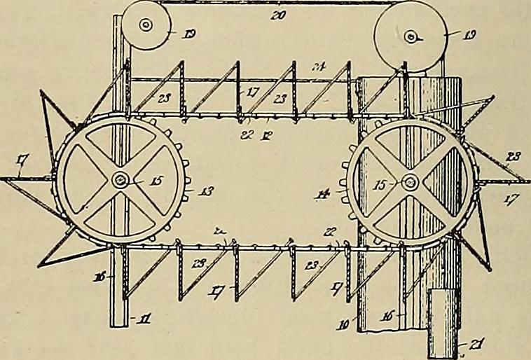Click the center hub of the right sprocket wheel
tap(410, 183)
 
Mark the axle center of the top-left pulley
tap(146, 26)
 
